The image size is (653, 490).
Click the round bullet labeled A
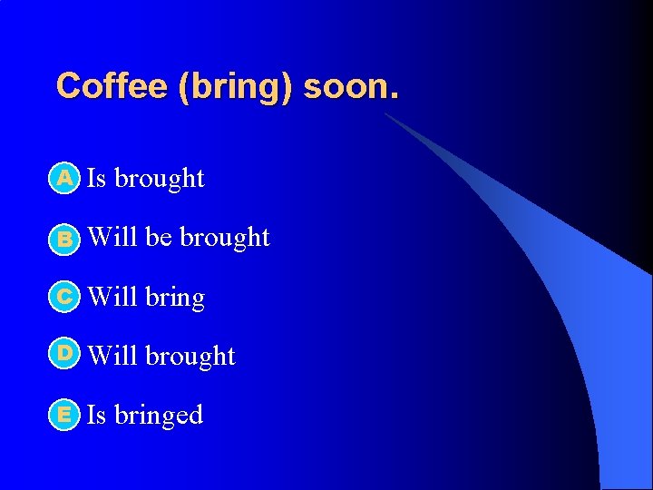64,179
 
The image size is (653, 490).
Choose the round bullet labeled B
64,239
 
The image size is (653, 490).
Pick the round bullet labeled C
64,297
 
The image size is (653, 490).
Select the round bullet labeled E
64,416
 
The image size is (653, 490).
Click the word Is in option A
96,178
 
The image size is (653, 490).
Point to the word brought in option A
160,179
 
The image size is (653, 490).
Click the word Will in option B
112,237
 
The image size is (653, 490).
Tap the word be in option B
159,237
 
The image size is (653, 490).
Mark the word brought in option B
225,238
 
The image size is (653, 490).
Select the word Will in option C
112,297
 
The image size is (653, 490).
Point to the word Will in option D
112,356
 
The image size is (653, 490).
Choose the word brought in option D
190,357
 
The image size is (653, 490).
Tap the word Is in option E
96,415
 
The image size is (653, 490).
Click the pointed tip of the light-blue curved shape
385,114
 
